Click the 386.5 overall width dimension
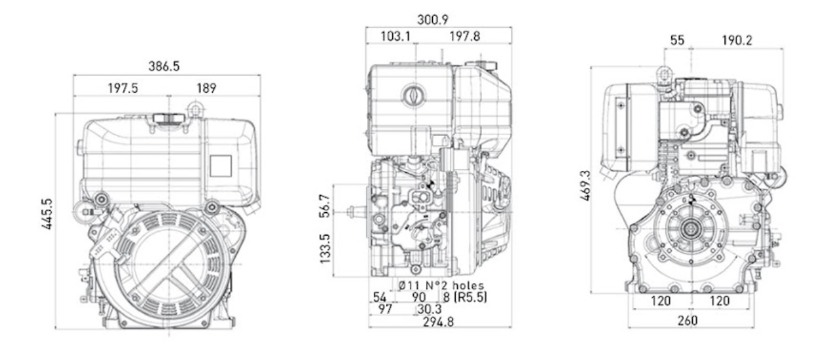click(x=164, y=66)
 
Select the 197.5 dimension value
click(x=123, y=88)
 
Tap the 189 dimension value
click(x=207, y=88)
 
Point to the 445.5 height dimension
click(x=47, y=214)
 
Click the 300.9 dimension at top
click(x=433, y=20)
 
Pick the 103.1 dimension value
click(x=395, y=37)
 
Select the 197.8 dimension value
click(x=464, y=37)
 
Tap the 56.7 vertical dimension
click(x=324, y=206)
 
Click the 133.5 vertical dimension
click(x=324, y=249)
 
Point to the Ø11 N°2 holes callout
click(x=441, y=285)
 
